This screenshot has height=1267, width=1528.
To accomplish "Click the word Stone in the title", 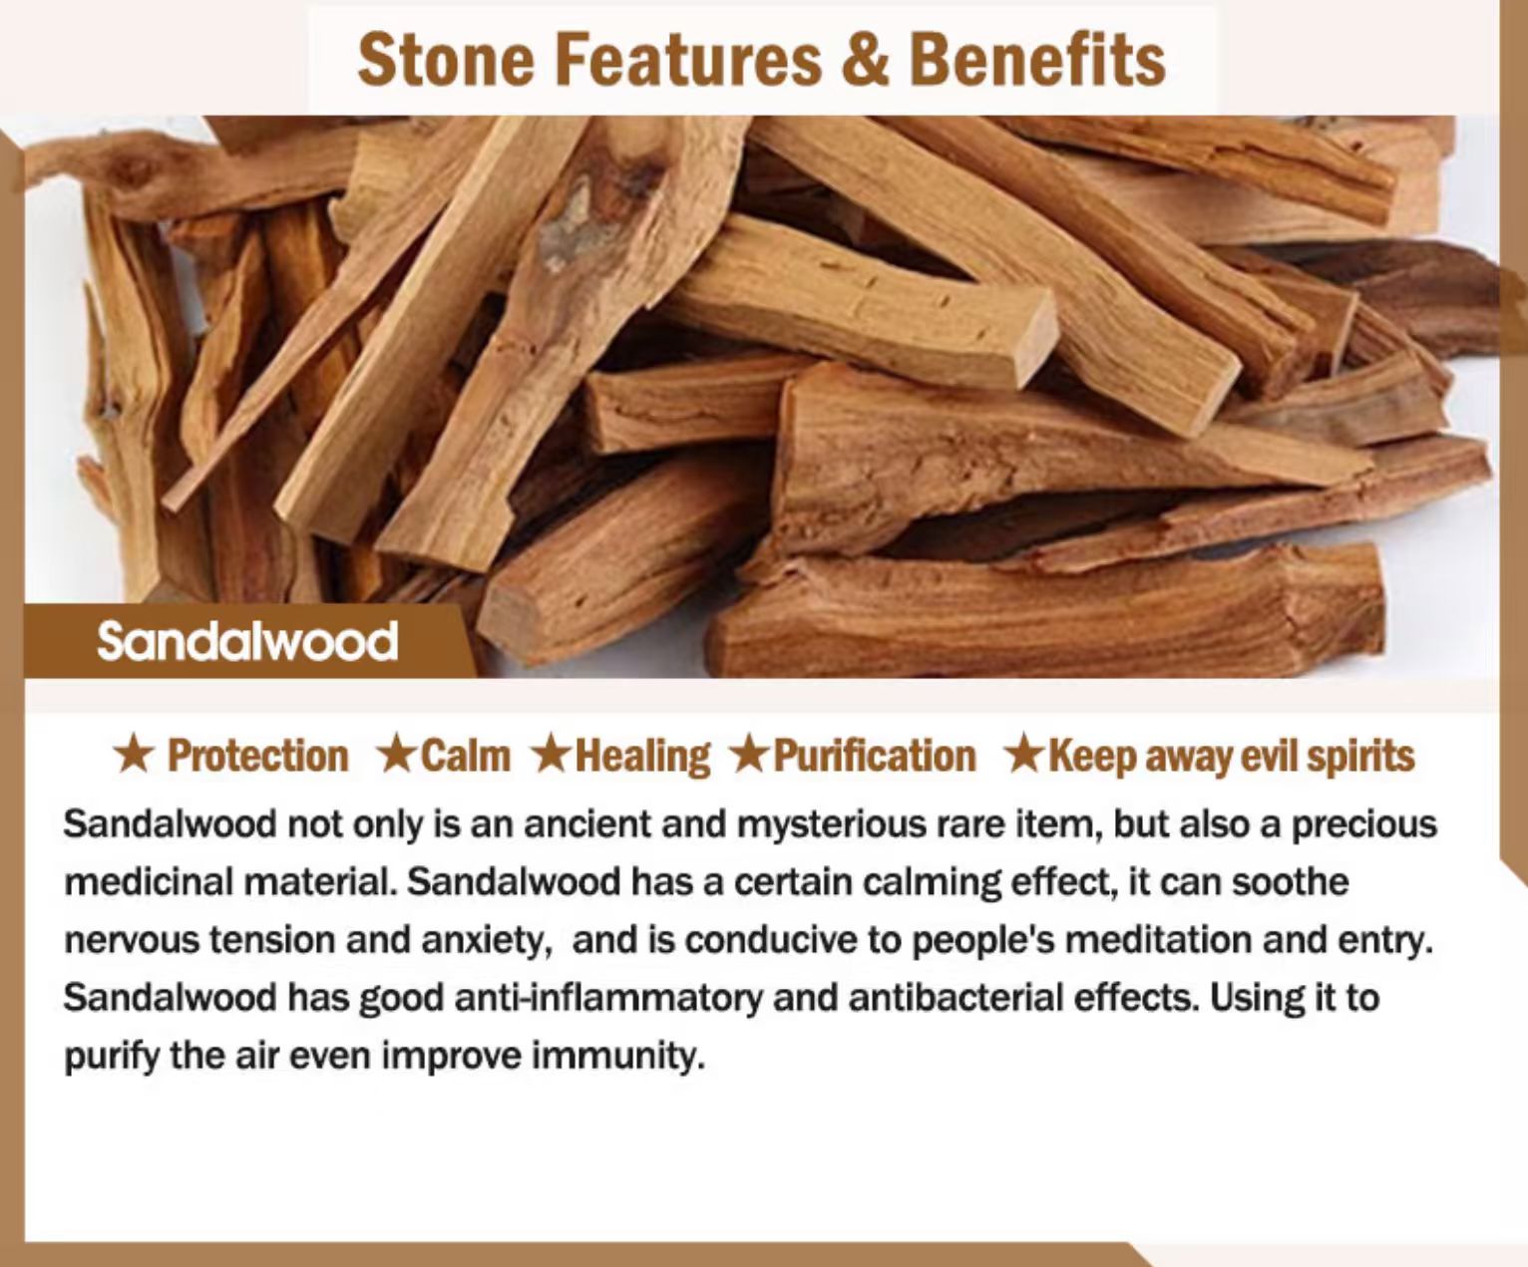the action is pyautogui.click(x=446, y=61).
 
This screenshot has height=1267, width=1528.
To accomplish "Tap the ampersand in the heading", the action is pyautogui.click(x=866, y=61).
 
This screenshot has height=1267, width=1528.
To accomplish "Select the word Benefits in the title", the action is pyautogui.click(x=1038, y=61).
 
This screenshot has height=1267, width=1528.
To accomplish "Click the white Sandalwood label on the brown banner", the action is pyautogui.click(x=247, y=642).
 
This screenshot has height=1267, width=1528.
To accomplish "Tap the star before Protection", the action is pyautogui.click(x=134, y=756).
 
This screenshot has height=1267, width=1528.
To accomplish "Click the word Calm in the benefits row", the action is pyautogui.click(x=466, y=756).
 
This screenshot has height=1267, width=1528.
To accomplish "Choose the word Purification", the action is pyautogui.click(x=875, y=756).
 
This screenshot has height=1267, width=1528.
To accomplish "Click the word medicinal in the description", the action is pyautogui.click(x=149, y=881).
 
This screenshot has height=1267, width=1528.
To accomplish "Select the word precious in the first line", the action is pyautogui.click(x=1363, y=825).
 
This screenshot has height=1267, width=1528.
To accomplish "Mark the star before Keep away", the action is pyautogui.click(x=1025, y=756).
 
